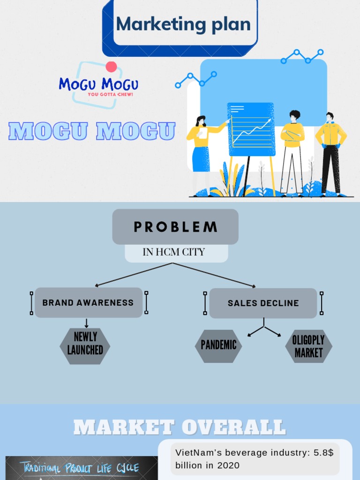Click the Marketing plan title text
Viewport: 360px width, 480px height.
pos(183,24)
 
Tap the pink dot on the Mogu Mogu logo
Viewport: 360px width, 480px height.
pos(111,67)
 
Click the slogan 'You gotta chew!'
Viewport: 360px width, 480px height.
pos(111,95)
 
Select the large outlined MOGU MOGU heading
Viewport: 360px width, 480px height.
pos(92,132)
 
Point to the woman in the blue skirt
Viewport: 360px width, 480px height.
pos(200,150)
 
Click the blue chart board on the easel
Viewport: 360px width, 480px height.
pos(251,129)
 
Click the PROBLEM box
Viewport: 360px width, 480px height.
pos(175,227)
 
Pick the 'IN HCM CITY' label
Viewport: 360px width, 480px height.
pos(174,252)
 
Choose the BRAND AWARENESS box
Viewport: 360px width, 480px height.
pos(88,303)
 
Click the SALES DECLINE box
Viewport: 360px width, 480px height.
pos(263,303)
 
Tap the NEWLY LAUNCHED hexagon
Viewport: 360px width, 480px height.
pos(85,343)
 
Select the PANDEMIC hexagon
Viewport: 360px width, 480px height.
pos(218,345)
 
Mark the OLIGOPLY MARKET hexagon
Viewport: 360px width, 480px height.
pos(308,346)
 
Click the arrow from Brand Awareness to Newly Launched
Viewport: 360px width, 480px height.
pos(86,323)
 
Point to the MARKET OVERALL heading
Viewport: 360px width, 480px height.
pos(180,427)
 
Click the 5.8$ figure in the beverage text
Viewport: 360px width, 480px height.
pos(323,453)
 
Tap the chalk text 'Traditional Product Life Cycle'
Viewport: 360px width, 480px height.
pos(79,468)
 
